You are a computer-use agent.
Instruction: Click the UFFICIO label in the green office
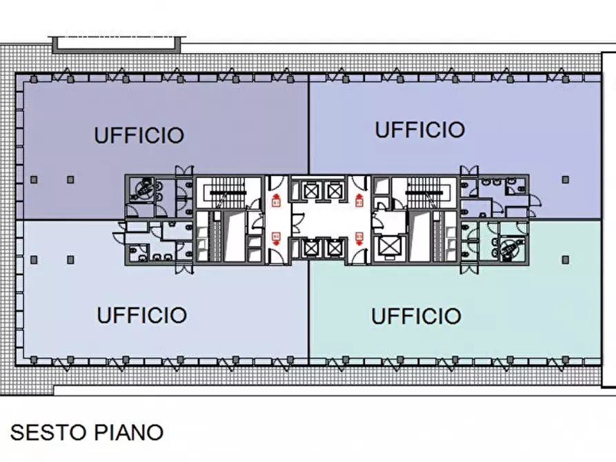[x=416, y=316]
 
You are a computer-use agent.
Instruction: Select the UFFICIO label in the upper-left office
[x=139, y=135]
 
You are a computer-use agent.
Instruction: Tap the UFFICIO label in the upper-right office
[x=419, y=129]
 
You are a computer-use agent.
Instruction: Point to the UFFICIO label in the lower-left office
[x=141, y=315]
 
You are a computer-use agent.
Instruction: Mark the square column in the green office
[x=565, y=259]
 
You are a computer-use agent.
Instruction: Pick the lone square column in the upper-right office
[x=565, y=179]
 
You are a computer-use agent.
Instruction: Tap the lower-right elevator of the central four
[x=335, y=246]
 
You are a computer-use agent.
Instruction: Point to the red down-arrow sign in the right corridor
[x=359, y=237]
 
